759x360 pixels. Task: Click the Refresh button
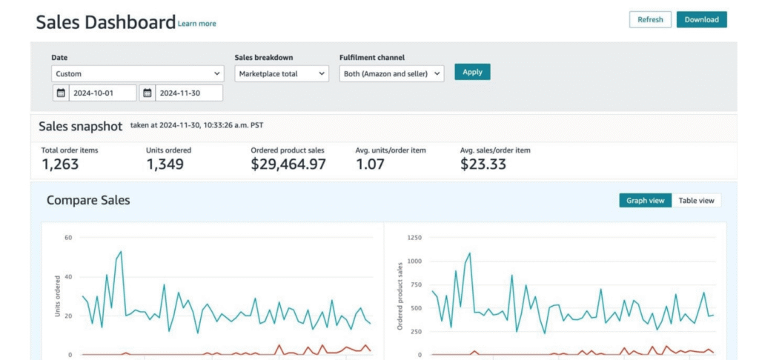[650, 19]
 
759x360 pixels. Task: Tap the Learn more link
[197, 24]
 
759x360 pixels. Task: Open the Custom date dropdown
[137, 74]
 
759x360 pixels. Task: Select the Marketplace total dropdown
[282, 74]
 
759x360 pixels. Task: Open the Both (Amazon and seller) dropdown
[391, 74]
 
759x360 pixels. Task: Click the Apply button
[472, 72]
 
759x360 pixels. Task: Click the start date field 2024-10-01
[102, 93]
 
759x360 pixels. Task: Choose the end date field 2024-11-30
[189, 93]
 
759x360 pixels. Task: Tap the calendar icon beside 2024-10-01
[61, 93]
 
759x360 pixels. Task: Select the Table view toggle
[696, 200]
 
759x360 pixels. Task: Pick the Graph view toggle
[646, 200]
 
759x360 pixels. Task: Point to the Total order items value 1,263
[60, 164]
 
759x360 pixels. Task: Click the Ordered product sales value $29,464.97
[288, 164]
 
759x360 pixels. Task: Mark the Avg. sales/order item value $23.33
[483, 164]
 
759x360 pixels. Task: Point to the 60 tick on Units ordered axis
[67, 238]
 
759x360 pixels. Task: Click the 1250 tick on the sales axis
[415, 238]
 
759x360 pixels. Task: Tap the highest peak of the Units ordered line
[121, 252]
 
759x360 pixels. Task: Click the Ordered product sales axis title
[400, 296]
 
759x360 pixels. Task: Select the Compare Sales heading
[88, 200]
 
